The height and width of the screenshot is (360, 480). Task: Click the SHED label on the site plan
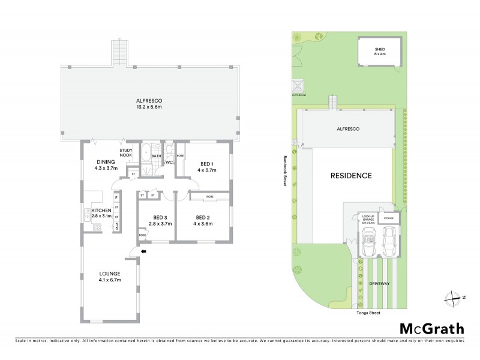point(379,49)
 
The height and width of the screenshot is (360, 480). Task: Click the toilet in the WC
point(169,149)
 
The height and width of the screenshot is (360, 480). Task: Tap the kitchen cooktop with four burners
point(96,226)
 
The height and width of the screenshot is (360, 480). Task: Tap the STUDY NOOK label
point(126,154)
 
